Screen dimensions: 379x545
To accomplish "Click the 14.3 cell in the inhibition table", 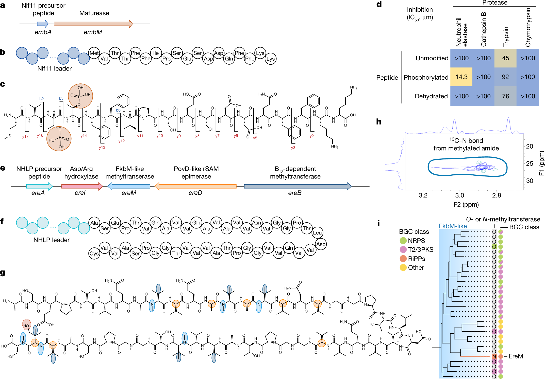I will click(x=461, y=77).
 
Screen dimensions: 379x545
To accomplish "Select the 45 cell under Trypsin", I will click(x=505, y=58).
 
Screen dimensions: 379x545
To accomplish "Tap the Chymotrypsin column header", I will click(x=528, y=27).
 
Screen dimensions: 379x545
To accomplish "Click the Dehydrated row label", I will click(x=431, y=96).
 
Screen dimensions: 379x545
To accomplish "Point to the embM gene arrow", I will click(x=93, y=24).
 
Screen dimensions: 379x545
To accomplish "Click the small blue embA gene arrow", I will click(x=42, y=24).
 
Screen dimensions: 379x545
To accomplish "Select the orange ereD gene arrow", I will click(x=195, y=186).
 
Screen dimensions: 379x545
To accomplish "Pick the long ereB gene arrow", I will click(x=297, y=186).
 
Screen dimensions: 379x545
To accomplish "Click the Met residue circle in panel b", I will click(x=94, y=53).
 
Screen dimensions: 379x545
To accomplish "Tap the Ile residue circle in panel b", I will click(x=156, y=53).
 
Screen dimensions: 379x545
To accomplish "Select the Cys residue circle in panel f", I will click(x=94, y=253).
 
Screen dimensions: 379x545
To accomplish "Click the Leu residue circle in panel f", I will click(x=317, y=233).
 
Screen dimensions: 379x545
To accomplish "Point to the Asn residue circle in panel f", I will click(x=256, y=223).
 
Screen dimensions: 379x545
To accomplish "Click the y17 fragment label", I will click(x=25, y=137).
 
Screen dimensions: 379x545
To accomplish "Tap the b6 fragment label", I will click(x=118, y=110).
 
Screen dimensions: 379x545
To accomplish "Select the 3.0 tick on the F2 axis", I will click(x=459, y=195).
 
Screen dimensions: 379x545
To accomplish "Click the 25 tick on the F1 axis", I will click(x=530, y=164).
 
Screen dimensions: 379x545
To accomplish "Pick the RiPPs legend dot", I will click(x=403, y=259).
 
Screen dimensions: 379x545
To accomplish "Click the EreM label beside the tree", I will click(x=516, y=356).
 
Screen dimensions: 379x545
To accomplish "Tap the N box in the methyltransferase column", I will click(x=494, y=356).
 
